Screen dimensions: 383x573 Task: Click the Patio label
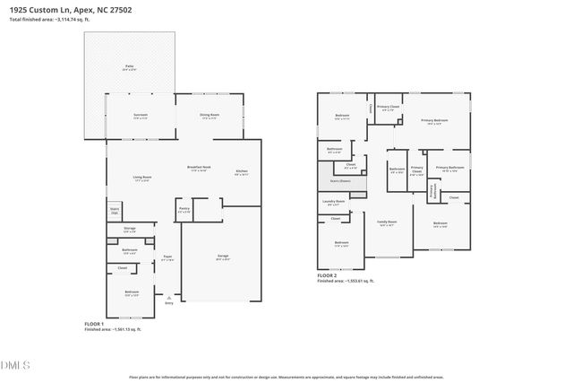pyautogui.click(x=129, y=67)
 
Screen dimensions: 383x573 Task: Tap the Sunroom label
pyautogui.click(x=141, y=116)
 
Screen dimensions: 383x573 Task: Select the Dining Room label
pyautogui.click(x=210, y=116)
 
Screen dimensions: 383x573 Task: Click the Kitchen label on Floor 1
pyautogui.click(x=242, y=172)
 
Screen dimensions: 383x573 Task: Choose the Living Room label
pyautogui.click(x=141, y=178)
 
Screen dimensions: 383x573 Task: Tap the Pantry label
pyautogui.click(x=184, y=210)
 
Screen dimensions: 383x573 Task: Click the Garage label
pyautogui.click(x=222, y=257)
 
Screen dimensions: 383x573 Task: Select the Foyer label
pyautogui.click(x=167, y=257)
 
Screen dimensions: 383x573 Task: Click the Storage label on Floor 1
pyautogui.click(x=129, y=231)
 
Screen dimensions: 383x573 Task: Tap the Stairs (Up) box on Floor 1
pyautogui.click(x=114, y=212)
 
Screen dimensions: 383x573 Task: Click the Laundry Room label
pyautogui.click(x=333, y=203)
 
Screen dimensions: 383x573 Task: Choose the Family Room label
pyautogui.click(x=387, y=223)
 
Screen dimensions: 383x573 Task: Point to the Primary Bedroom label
pyautogui.click(x=433, y=121)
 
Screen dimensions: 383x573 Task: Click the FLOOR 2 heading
pyautogui.click(x=328, y=275)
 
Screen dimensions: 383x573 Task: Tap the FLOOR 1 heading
pyautogui.click(x=94, y=323)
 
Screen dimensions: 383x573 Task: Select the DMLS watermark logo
pyautogui.click(x=16, y=365)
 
